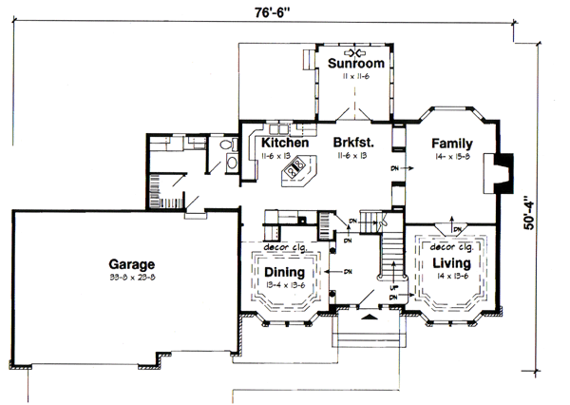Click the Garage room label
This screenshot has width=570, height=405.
(131, 263)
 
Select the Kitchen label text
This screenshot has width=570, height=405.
(284, 143)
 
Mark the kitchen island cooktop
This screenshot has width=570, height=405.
(294, 171)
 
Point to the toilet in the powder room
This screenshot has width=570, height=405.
(226, 145)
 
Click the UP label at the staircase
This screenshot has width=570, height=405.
(392, 286)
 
